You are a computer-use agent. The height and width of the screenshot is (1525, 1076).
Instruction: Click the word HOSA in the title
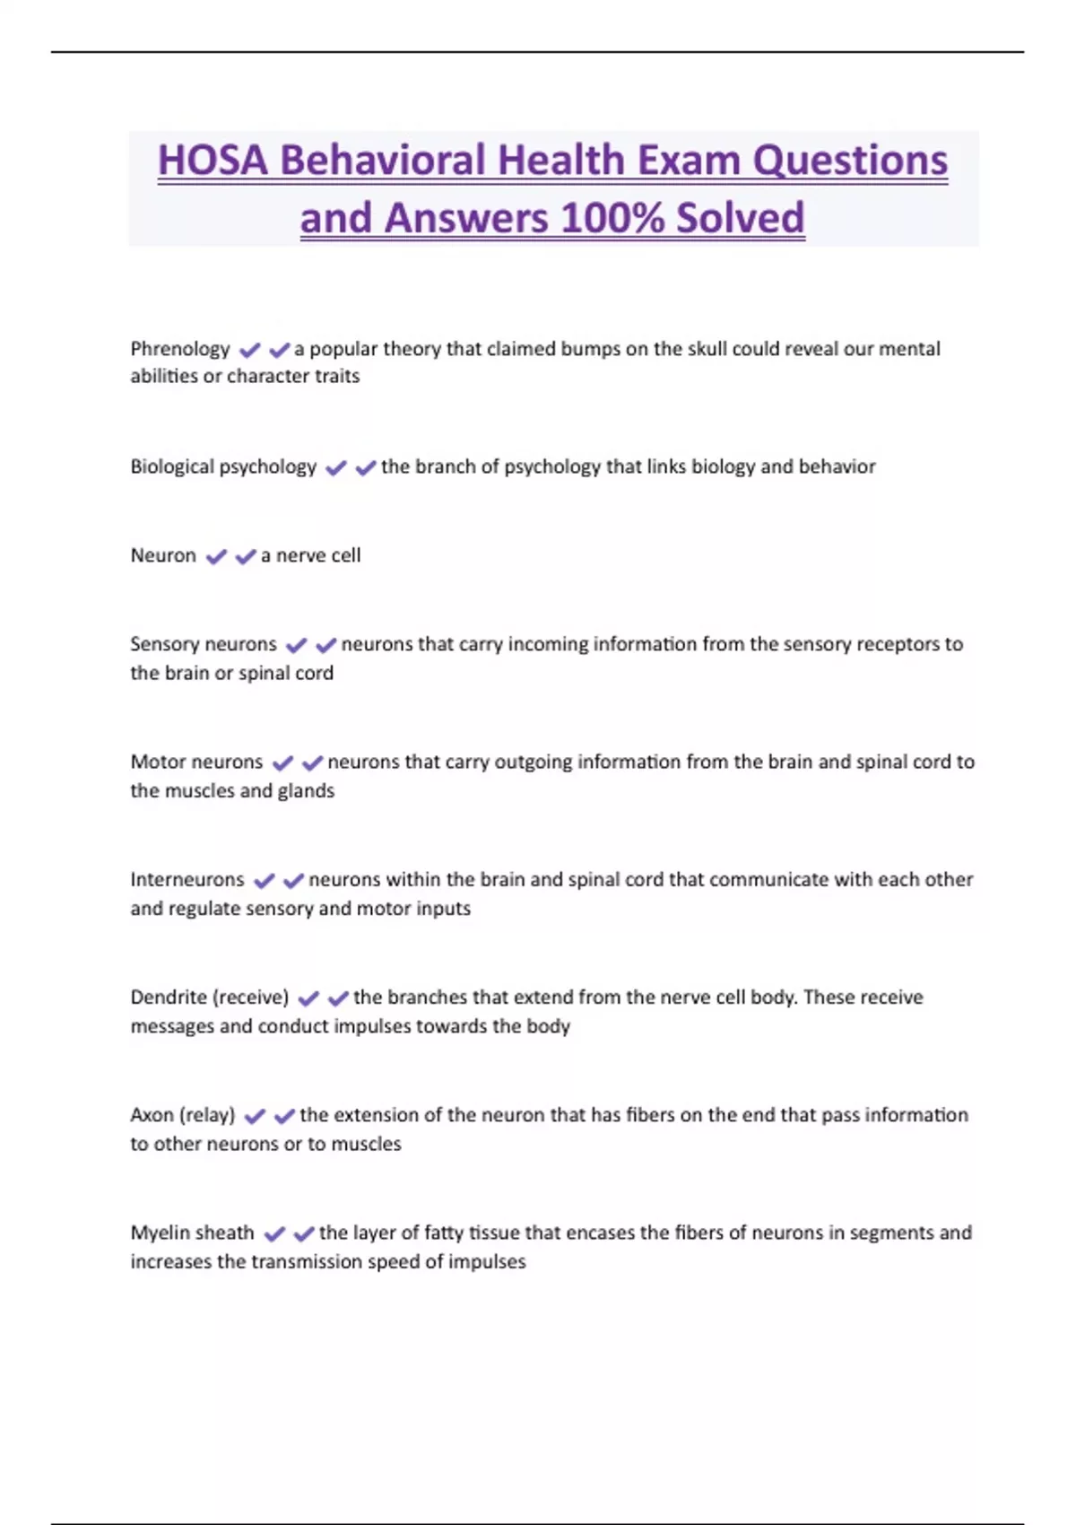[x=213, y=161]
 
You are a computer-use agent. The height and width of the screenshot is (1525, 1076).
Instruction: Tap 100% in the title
[x=612, y=218]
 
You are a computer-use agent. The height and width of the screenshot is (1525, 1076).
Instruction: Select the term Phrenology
[x=180, y=348]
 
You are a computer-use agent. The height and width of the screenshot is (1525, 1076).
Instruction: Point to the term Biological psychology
[x=223, y=466]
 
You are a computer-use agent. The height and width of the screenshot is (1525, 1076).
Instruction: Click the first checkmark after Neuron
[x=216, y=556]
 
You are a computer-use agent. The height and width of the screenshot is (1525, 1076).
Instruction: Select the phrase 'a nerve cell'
[x=310, y=555]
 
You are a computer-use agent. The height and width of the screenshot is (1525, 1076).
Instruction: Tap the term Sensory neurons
[x=204, y=644]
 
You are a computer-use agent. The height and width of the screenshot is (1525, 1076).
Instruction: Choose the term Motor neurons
[x=196, y=762]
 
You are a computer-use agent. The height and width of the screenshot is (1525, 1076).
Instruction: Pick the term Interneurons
[x=187, y=879]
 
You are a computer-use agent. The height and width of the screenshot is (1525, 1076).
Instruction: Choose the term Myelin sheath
[x=192, y=1233]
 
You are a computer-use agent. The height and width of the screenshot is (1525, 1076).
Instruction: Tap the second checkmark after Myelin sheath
[x=304, y=1234]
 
